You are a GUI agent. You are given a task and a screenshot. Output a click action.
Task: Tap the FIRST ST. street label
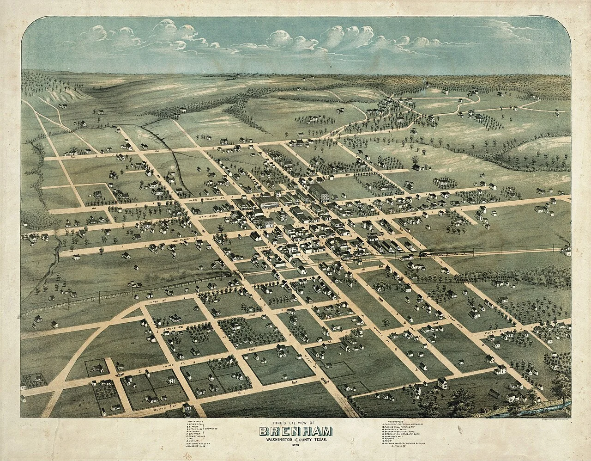click(158, 301)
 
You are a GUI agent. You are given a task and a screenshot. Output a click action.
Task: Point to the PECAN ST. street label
click(494, 332)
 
